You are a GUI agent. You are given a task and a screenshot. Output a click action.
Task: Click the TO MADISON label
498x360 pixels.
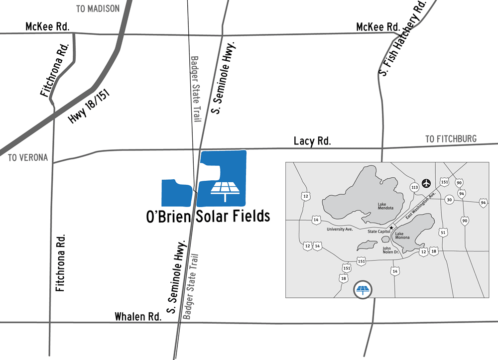coord(98,8)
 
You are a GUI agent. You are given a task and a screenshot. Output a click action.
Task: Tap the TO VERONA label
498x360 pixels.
coord(28,158)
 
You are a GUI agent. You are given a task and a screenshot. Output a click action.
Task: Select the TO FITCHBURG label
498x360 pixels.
coord(451,139)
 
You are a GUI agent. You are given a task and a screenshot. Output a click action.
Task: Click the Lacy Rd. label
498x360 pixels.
coord(312,141)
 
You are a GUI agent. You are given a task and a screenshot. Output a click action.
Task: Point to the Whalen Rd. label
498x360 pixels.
coord(138,317)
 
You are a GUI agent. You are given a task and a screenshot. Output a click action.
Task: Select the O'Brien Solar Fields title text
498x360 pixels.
coord(208,216)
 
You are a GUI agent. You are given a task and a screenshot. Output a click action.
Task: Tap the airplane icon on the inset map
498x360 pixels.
coord(426,183)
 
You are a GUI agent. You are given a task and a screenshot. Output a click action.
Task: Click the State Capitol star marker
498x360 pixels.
coord(391,228)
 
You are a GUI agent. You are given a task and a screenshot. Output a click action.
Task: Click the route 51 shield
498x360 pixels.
coord(443,232)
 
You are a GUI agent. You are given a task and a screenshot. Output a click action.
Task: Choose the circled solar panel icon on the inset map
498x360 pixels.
coord(363,289)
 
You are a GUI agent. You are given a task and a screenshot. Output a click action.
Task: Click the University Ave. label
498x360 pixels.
coord(339,230)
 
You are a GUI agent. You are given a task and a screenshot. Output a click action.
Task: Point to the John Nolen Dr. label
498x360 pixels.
coord(391,250)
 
